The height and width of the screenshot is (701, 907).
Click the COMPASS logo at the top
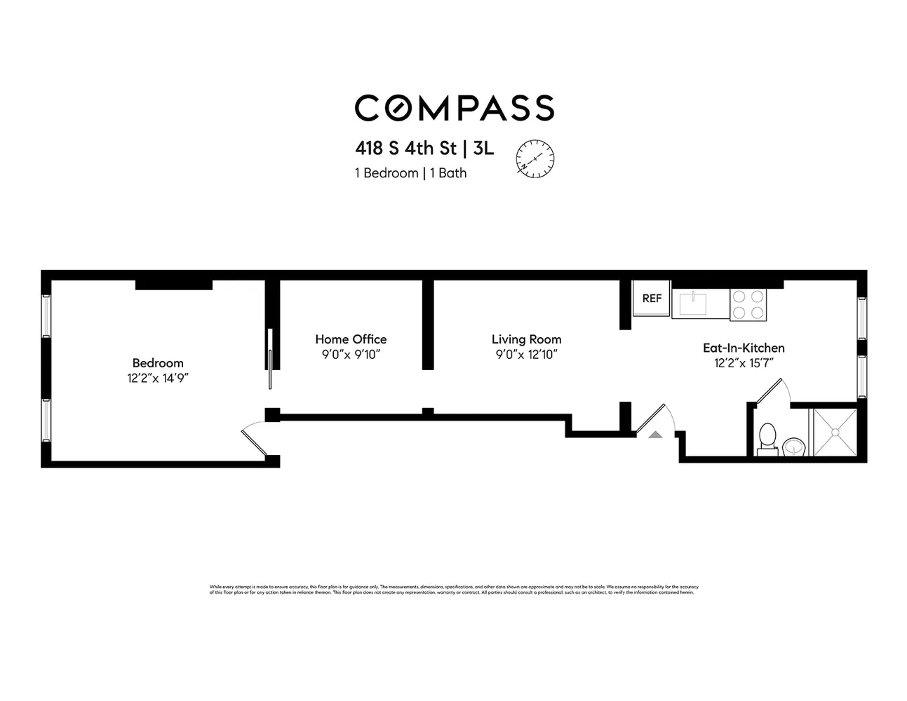(454, 108)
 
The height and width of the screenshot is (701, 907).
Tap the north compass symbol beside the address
(535, 158)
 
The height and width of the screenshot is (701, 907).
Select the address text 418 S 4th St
(405, 149)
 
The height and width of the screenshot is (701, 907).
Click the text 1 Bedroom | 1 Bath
(410, 173)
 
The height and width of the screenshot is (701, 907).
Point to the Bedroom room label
(158, 363)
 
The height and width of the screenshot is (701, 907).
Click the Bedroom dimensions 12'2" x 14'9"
(158, 379)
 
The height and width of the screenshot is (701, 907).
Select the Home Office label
(351, 339)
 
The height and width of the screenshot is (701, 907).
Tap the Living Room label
(526, 339)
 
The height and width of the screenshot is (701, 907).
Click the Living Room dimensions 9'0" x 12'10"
(526, 355)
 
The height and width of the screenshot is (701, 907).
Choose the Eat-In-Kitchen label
(744, 348)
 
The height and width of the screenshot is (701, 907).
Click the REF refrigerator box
(652, 299)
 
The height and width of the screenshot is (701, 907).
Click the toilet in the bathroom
(767, 437)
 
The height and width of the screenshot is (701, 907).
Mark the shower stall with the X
(835, 432)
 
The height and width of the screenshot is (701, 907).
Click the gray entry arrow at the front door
(655, 435)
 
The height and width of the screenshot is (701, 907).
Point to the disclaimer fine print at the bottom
(454, 590)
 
